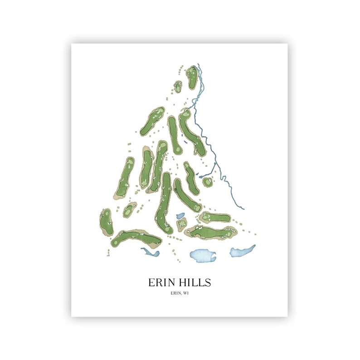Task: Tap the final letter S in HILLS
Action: click(x=208, y=282)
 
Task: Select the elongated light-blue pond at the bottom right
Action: click(x=242, y=251)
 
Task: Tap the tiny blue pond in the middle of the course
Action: click(x=180, y=216)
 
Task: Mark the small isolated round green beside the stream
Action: click(x=208, y=182)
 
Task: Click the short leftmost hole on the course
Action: click(x=106, y=222)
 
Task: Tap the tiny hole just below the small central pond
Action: click(x=182, y=224)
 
